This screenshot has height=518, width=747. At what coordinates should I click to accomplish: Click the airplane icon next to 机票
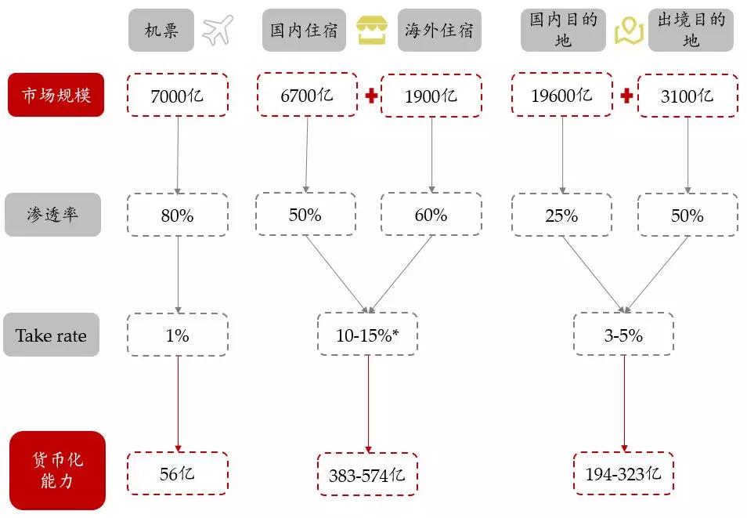click(x=218, y=30)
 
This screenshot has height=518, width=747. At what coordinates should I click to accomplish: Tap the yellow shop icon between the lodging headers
click(x=372, y=30)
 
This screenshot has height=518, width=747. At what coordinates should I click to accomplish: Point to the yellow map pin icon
click(x=629, y=31)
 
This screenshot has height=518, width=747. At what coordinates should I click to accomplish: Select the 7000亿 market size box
click(x=177, y=95)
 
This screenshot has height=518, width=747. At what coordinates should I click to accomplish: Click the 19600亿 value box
click(x=561, y=95)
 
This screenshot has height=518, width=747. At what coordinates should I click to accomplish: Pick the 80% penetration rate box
click(x=177, y=215)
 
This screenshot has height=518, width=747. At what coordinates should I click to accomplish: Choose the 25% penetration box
click(x=561, y=215)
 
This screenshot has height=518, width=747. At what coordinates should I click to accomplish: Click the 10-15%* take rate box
click(x=367, y=334)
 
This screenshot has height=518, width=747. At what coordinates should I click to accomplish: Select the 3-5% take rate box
click(x=623, y=334)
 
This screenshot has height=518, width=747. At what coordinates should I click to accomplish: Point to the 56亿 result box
click(x=177, y=473)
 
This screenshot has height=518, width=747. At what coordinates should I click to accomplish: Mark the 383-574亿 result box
click(x=367, y=474)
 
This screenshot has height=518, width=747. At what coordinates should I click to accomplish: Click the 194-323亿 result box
click(x=623, y=473)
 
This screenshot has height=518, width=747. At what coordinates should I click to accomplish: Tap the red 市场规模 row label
click(x=56, y=95)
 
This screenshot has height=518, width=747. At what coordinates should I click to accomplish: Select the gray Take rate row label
click(x=51, y=335)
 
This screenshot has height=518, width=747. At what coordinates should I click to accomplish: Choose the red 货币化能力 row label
click(x=57, y=470)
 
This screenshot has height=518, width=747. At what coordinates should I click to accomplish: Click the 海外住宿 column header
click(x=439, y=30)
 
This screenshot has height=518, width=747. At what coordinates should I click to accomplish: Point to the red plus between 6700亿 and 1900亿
click(x=371, y=96)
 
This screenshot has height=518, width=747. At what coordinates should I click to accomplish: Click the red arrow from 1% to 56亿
click(x=178, y=404)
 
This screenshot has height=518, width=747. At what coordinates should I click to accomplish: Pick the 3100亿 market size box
click(x=687, y=96)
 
